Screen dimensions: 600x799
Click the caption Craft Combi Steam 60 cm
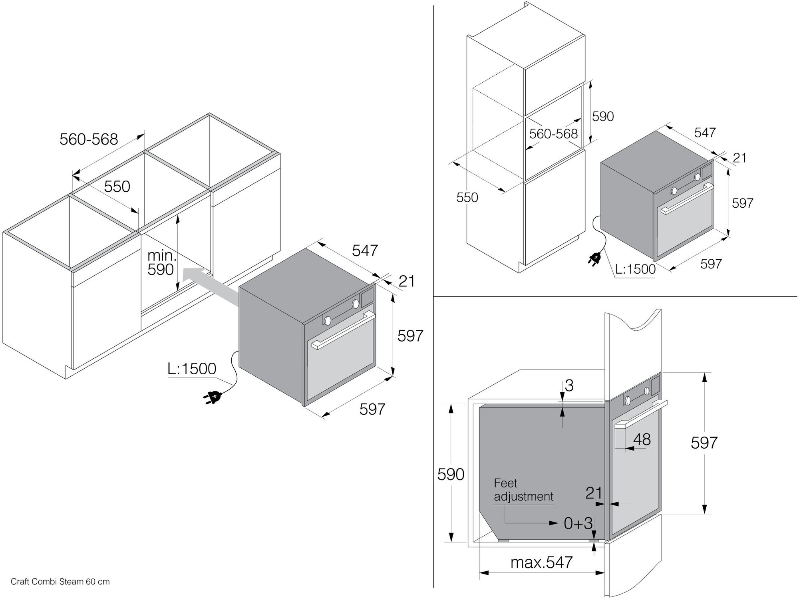tap(60, 582)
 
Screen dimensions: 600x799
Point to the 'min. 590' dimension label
tap(161, 262)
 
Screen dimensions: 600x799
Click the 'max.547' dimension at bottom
tap(541, 562)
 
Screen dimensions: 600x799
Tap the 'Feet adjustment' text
tap(523, 490)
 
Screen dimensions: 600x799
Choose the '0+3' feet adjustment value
tap(578, 523)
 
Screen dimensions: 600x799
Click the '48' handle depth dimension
tap(642, 440)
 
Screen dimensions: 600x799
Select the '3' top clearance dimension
tap(569, 385)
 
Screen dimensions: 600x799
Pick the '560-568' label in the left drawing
tap(89, 139)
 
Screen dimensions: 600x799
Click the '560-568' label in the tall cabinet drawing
tap(553, 133)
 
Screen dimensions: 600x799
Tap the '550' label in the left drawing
tap(117, 187)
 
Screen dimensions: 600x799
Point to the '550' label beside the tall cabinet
tap(467, 197)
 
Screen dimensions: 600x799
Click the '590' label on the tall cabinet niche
tap(602, 116)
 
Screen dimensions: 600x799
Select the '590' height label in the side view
tap(451, 474)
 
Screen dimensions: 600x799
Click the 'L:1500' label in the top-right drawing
tap(635, 269)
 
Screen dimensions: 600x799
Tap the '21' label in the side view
tap(594, 493)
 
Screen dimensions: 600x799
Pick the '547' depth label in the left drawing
tap(365, 250)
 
